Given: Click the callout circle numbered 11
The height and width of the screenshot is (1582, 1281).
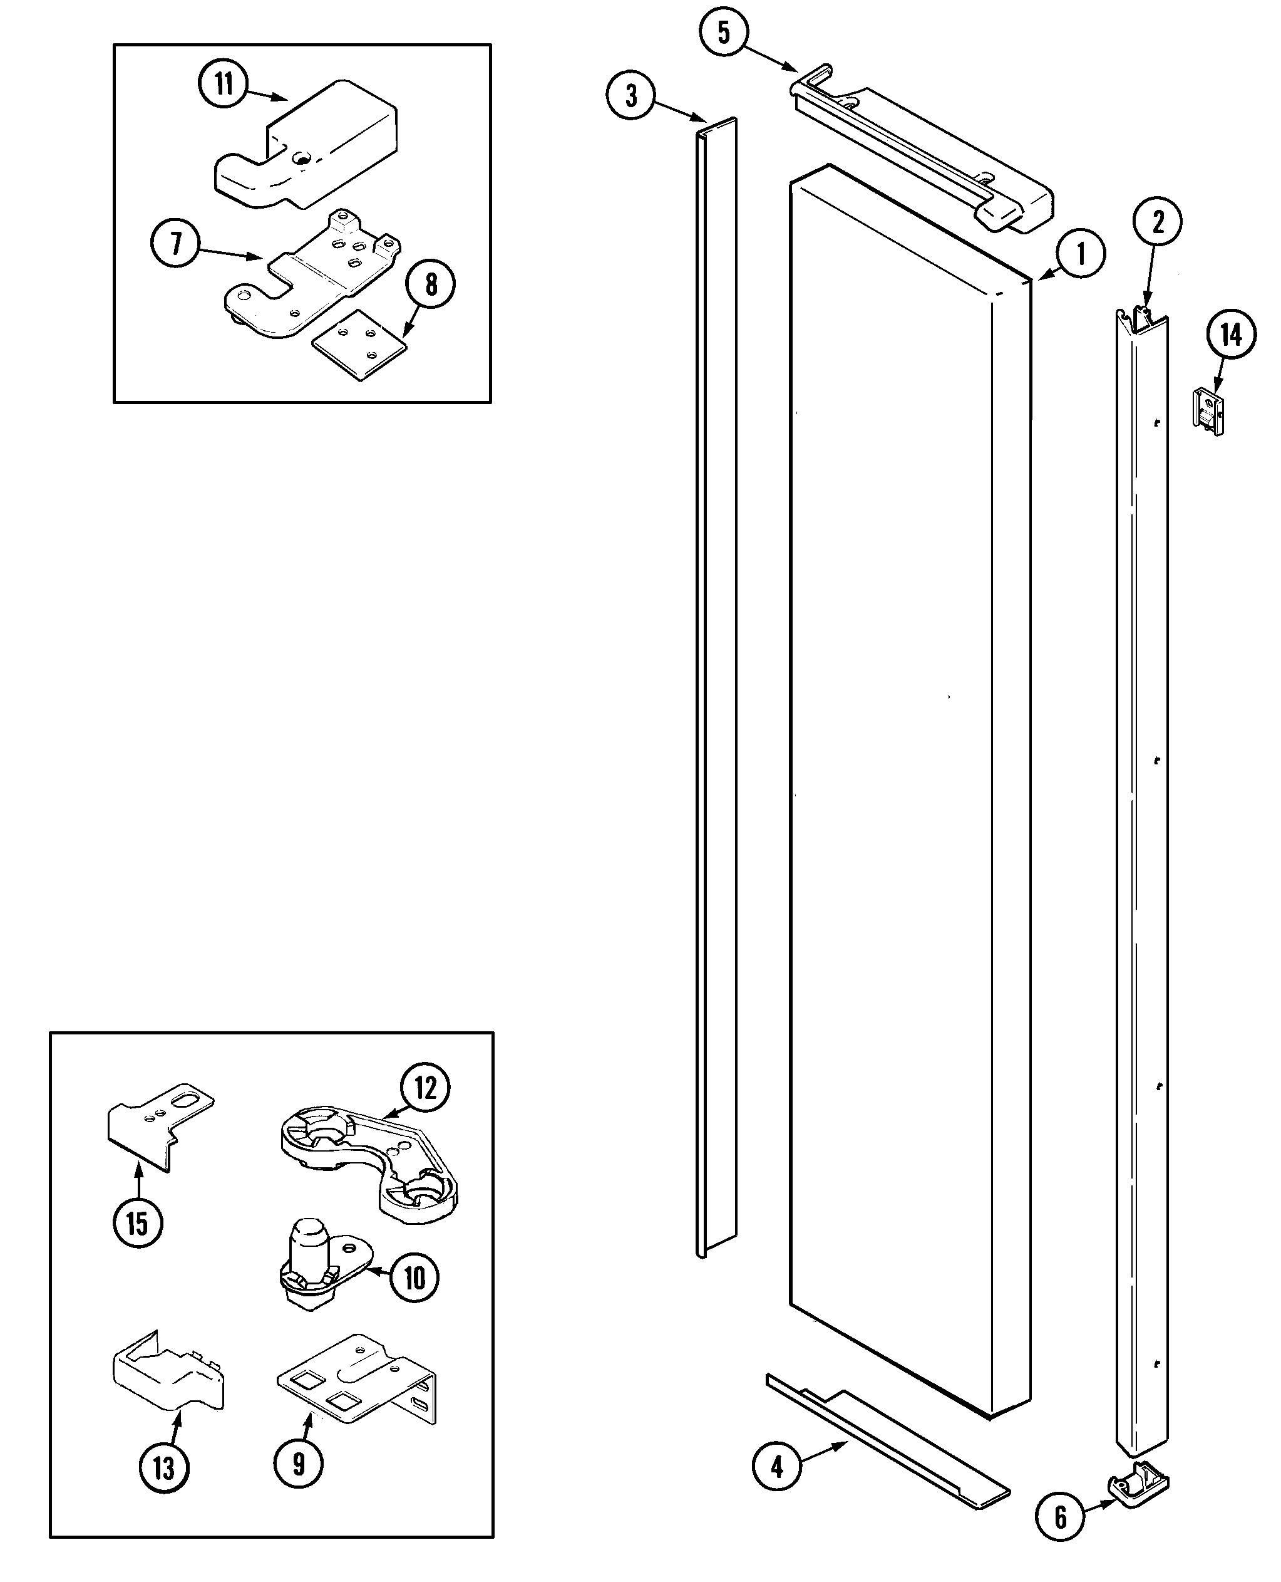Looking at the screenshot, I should (224, 83).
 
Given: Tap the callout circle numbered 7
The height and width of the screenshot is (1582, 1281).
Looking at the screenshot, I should (175, 244).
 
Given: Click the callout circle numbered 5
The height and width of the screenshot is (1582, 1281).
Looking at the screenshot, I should (723, 32).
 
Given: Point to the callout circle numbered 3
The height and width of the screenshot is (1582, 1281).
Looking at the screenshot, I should (631, 95).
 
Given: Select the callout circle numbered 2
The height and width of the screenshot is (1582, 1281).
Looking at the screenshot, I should (1158, 221).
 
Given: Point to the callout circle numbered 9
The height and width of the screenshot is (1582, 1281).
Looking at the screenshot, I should (298, 1463).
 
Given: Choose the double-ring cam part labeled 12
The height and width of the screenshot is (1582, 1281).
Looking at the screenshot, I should (369, 1160).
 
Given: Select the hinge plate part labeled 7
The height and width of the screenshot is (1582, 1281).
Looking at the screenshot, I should (314, 277).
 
